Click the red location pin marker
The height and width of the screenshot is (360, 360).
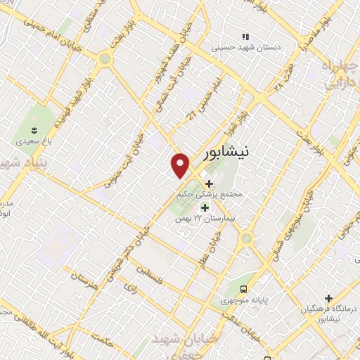tap(181, 165)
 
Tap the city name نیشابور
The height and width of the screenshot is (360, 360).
tap(229, 152)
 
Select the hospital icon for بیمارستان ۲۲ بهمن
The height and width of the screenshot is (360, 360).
tap(205, 207)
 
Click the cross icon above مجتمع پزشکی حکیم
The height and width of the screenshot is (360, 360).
tap(208, 182)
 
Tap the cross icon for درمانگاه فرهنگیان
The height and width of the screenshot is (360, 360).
tap(328, 298)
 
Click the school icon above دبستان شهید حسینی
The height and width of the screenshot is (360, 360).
tap(245, 37)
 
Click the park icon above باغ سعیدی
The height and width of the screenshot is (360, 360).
tap(32, 129)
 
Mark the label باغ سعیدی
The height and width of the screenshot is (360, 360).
tap(32, 141)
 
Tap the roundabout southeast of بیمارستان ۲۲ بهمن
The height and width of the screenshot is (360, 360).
tap(246, 238)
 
